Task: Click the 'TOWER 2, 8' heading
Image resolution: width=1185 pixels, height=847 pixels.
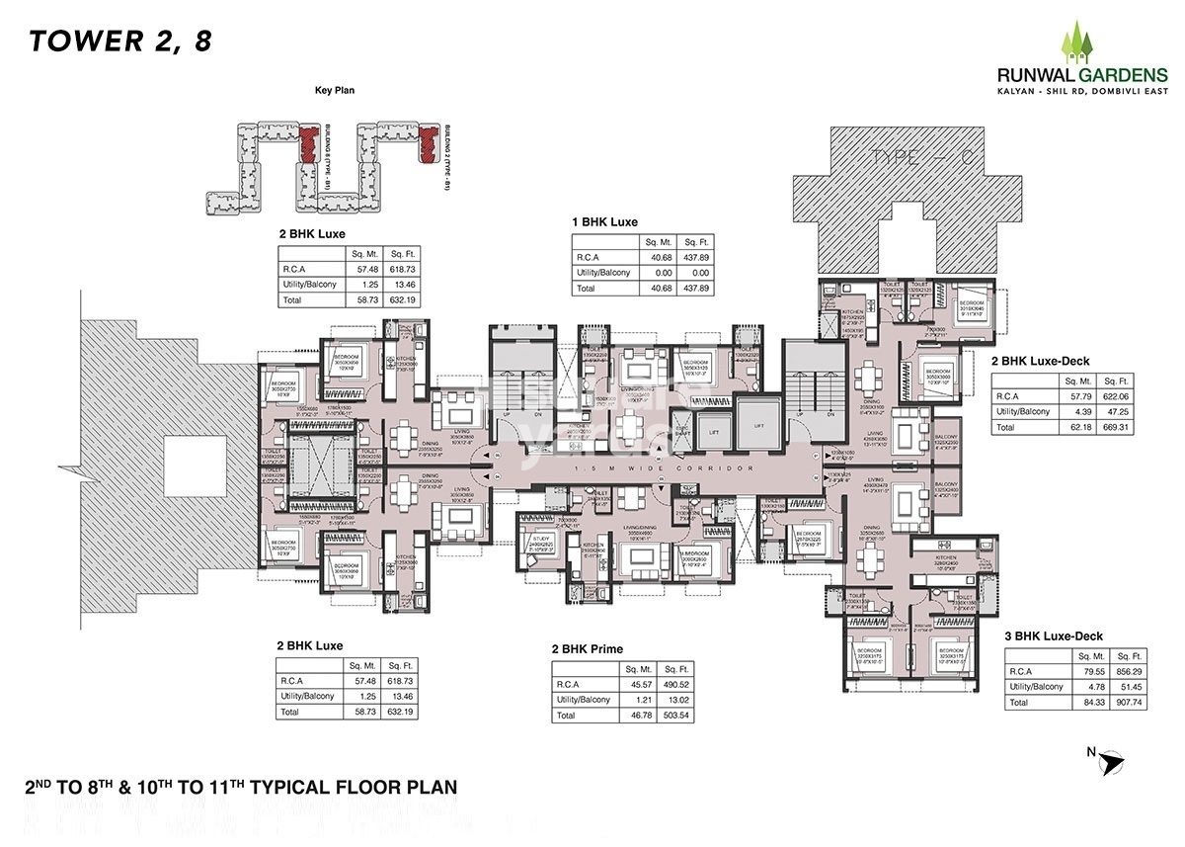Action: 119,42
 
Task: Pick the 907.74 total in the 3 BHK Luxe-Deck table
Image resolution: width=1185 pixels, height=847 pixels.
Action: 1127,703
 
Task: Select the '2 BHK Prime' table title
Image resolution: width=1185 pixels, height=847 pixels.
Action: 589,649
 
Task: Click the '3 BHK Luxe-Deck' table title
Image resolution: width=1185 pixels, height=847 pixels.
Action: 1054,636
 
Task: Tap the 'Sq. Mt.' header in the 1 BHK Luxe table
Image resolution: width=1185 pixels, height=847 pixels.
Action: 656,242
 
